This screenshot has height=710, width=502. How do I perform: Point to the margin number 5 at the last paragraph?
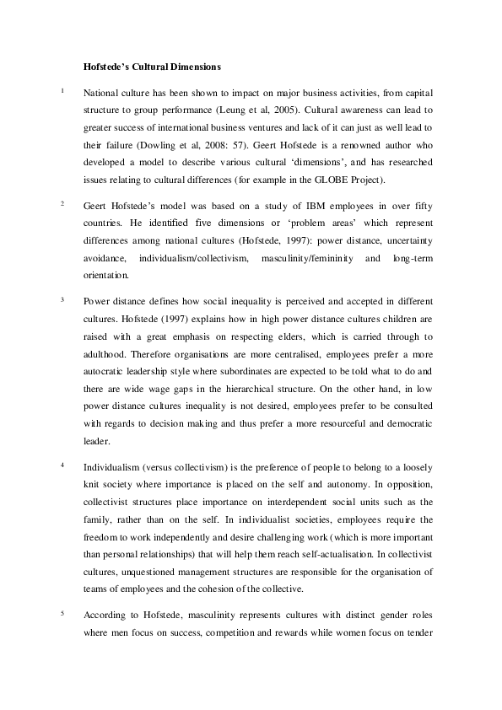(x=62, y=614)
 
